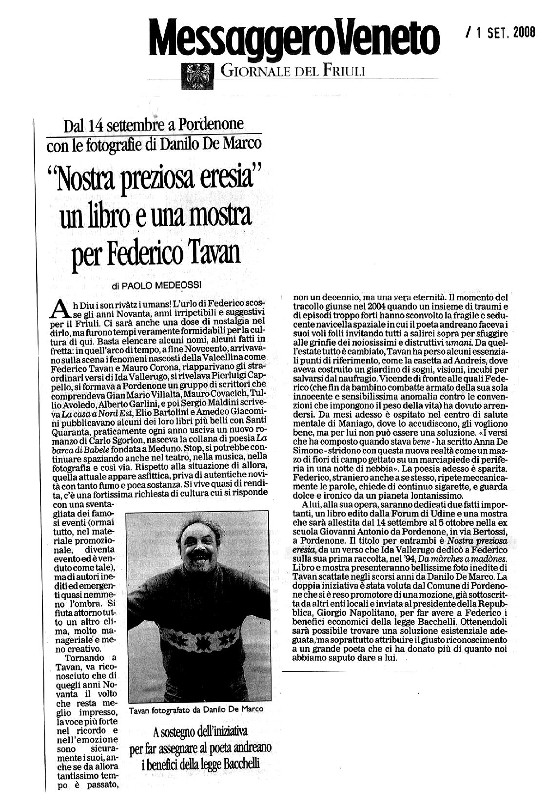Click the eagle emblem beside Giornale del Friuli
pos(196,76)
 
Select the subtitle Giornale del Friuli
pos(293,72)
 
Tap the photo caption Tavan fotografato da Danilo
pos(196,709)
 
